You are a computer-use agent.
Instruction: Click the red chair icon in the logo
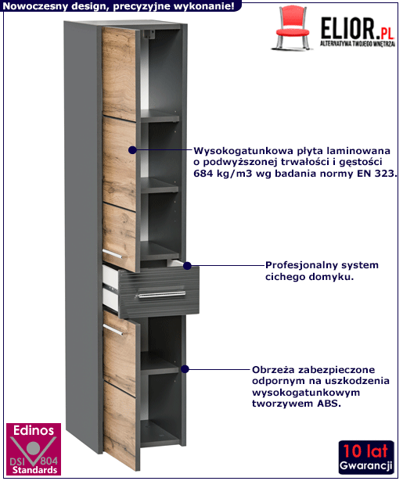click(x=292, y=28)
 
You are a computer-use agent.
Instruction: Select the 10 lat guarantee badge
click(x=366, y=458)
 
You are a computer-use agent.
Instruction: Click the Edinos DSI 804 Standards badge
click(x=34, y=449)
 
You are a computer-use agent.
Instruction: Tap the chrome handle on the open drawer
click(x=161, y=295)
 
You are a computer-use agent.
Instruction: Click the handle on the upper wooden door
click(x=112, y=254)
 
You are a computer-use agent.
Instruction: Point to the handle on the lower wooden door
click(x=113, y=330)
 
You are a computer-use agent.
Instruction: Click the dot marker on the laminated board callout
click(x=132, y=150)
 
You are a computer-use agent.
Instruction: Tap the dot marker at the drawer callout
click(x=187, y=266)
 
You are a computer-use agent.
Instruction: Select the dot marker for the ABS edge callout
click(x=185, y=369)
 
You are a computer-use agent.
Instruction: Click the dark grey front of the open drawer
click(x=160, y=292)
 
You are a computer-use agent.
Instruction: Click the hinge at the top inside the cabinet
click(x=149, y=34)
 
